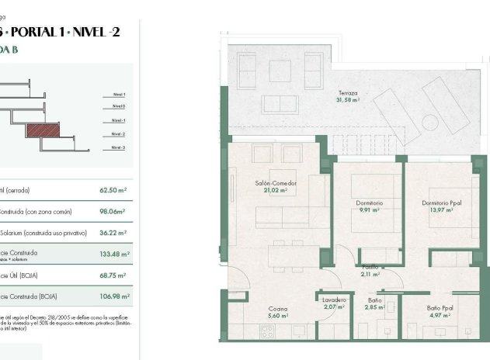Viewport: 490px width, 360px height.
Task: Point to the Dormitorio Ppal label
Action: point(440,203)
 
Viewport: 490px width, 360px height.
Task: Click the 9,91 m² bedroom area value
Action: point(369,209)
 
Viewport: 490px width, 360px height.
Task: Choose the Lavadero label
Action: point(335,300)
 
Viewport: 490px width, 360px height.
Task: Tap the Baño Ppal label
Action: point(439,308)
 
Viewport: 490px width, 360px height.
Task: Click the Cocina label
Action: point(277,308)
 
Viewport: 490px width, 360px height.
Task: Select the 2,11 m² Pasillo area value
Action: point(370,274)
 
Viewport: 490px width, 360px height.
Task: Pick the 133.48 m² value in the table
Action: point(114,254)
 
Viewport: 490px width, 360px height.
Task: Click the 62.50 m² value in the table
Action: point(114,189)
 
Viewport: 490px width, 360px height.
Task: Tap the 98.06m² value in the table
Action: point(114,210)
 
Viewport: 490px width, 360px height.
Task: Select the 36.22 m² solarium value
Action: point(114,232)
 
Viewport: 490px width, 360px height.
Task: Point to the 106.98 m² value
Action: point(114,296)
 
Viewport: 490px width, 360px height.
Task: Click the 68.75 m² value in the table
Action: point(114,275)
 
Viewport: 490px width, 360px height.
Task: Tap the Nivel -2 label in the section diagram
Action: point(118,133)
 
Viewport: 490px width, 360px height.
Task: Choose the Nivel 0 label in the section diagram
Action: point(118,106)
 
